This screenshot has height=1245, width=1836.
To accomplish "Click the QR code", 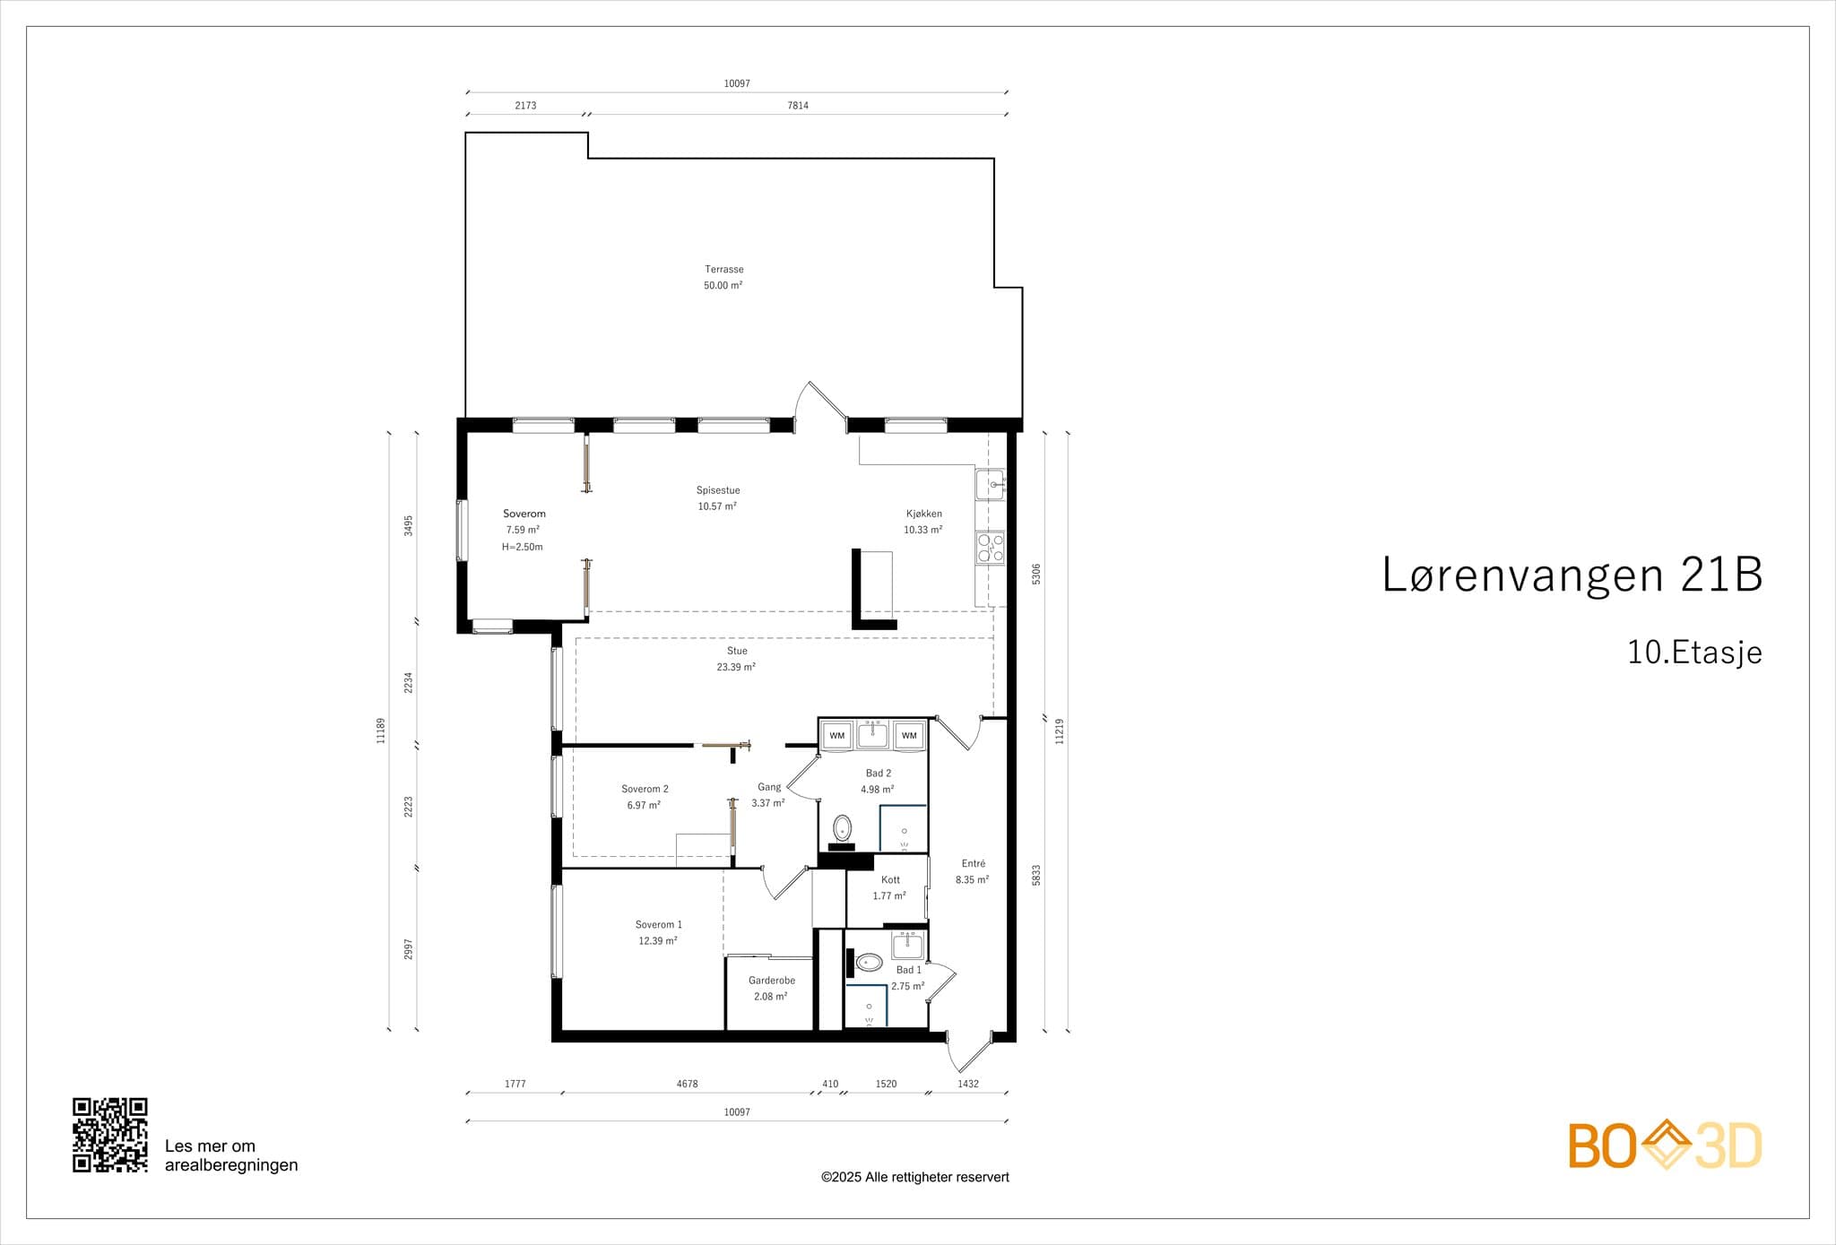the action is coord(110,1135).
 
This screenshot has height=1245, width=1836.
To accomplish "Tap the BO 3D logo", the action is coord(1665,1145).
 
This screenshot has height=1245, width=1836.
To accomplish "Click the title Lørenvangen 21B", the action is coord(1572,575).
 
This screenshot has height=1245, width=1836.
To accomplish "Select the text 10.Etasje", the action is coord(1694,653).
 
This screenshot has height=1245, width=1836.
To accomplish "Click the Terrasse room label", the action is coord(724,269).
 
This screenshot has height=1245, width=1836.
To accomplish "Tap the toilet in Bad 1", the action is coord(869,963).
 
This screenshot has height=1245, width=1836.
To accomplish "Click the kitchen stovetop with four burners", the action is coord(991,548).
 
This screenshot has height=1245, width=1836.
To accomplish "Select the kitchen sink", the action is coord(991,485).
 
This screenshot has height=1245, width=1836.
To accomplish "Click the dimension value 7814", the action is coord(798,106).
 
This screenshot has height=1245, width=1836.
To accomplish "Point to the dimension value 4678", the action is coord(687,1084).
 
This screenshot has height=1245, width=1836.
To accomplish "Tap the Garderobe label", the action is coord(772,981).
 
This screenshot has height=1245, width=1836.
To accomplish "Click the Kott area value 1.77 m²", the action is coord(889,895).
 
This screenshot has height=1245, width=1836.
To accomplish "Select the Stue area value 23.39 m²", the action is coord(736,667).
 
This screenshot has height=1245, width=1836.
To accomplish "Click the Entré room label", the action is coord(974,863).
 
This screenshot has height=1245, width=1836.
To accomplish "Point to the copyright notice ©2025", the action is coord(915,1177).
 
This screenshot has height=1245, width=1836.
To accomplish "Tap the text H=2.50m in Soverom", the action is coord(523,547).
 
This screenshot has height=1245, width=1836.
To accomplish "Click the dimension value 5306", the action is coord(1036,574).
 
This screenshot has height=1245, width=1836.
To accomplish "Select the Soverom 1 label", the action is coord(659,924).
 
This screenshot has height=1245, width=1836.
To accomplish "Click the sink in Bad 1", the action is coord(907,946).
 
